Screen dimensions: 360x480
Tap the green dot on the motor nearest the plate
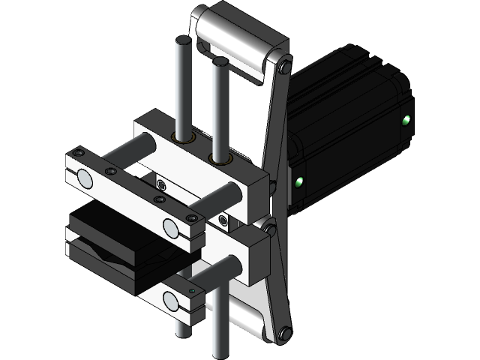pyautogui.click(x=298, y=181)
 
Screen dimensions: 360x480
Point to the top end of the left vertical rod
pyautogui.click(x=181, y=39)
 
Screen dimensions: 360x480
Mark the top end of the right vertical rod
pyautogui.click(x=220, y=60)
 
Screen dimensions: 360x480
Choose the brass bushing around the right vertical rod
pyautogui.click(x=219, y=158)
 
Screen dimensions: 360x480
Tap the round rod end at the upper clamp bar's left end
pyautogui.click(x=84, y=178)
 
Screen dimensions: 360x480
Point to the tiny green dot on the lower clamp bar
pyautogui.click(x=192, y=291)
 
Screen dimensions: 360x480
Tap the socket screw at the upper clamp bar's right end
pyautogui.click(x=194, y=218)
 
